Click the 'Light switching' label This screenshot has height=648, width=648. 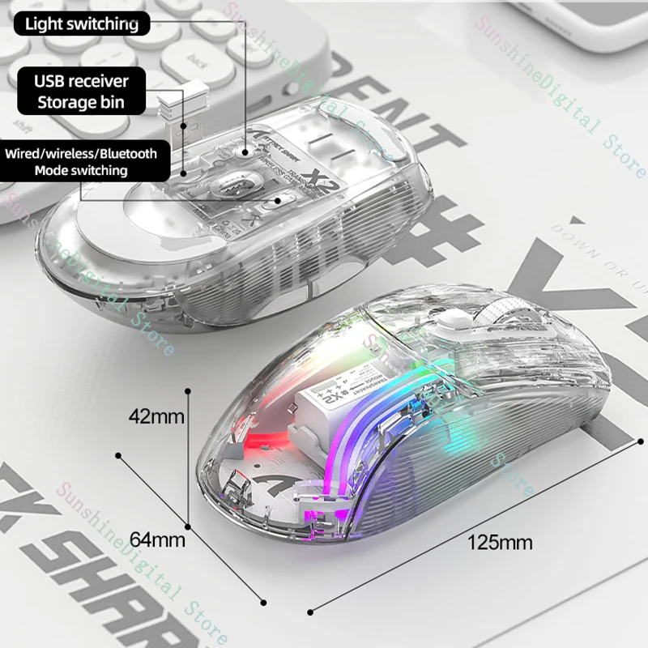coord(81,23)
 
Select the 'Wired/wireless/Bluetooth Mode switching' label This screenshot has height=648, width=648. coord(81,161)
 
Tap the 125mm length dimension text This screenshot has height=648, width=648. coord(499,542)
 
